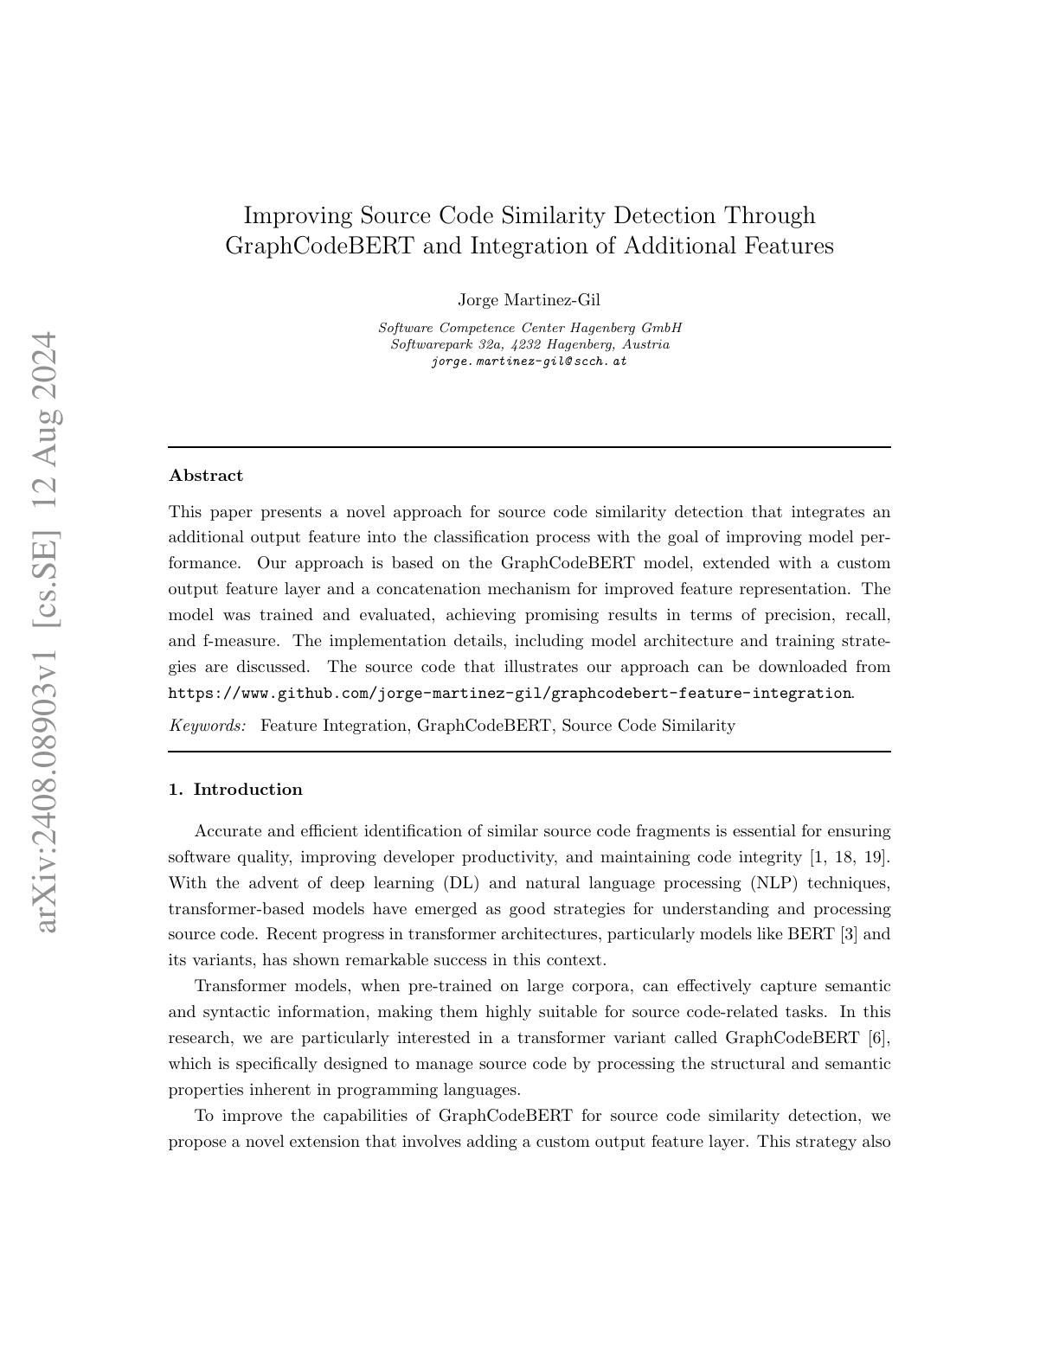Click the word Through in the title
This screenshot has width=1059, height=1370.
coord(769,215)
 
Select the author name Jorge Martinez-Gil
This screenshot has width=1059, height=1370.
coord(529,300)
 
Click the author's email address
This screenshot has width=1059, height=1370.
coord(529,362)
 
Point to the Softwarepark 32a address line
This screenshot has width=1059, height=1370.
coord(529,344)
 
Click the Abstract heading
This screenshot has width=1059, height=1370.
coord(206,476)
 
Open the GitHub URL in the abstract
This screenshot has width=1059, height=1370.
coord(510,693)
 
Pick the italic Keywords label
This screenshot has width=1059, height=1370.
coord(208,726)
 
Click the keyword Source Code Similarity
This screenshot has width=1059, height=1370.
coord(648,726)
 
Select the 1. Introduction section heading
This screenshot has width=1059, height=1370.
coord(235,790)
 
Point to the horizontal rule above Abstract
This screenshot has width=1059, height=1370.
coord(529,447)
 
